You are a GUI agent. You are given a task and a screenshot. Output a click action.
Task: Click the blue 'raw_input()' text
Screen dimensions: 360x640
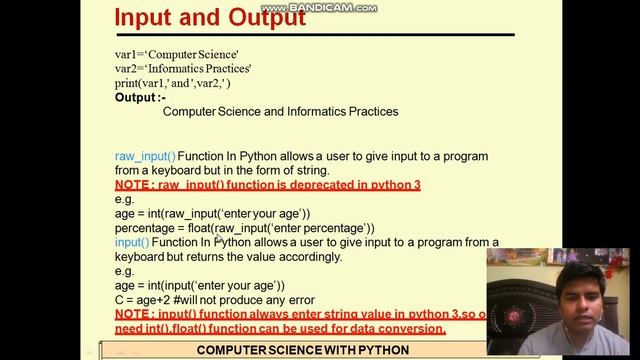point(145,157)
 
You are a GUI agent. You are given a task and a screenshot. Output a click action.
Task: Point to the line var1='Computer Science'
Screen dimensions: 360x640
point(176,56)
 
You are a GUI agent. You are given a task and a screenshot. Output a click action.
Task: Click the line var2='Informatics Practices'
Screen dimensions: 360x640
point(182,69)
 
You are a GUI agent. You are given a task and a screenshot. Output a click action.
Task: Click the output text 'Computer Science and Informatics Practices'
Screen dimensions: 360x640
point(280,112)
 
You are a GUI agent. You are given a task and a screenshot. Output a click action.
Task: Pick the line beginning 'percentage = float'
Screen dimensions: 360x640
point(244,228)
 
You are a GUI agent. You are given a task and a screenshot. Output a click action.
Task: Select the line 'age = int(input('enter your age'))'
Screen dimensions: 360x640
point(199,285)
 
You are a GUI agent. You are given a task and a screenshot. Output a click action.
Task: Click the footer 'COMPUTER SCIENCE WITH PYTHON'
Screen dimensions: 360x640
point(302,350)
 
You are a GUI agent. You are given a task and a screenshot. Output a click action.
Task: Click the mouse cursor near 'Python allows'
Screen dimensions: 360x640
point(219,239)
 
